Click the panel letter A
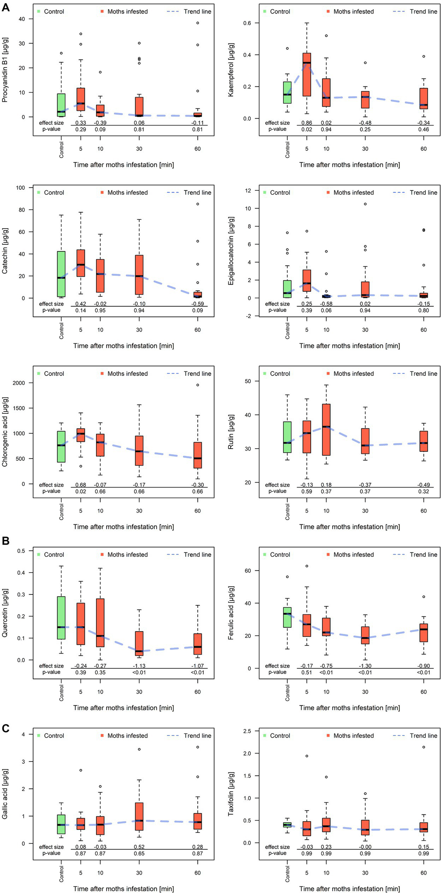tap(5, 7)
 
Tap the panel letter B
tap(5, 541)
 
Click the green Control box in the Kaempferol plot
tap(287, 92)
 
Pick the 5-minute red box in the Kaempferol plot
tap(307, 74)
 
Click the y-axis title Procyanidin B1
tap(5, 70)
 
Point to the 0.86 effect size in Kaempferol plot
tap(307, 123)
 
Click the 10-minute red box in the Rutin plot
tap(326, 429)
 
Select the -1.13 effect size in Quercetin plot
tap(139, 666)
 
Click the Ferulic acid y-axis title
tap(231, 613)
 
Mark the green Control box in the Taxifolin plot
tap(287, 824)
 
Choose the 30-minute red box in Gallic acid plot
tap(139, 816)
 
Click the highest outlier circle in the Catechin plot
tap(197, 204)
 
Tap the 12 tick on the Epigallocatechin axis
tap(247, 190)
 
